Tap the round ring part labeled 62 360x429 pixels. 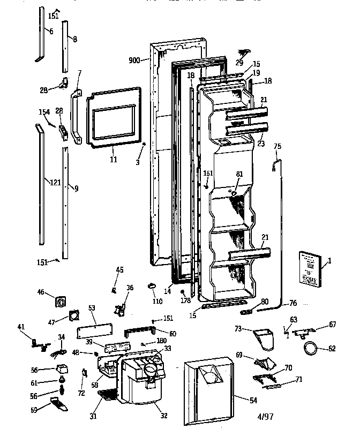[x=310, y=349]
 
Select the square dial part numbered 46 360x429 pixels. [x=60, y=301]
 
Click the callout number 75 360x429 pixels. [x=277, y=146]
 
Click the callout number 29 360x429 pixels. [x=239, y=63]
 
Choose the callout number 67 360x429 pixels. [x=332, y=324]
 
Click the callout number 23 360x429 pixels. [x=261, y=144]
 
